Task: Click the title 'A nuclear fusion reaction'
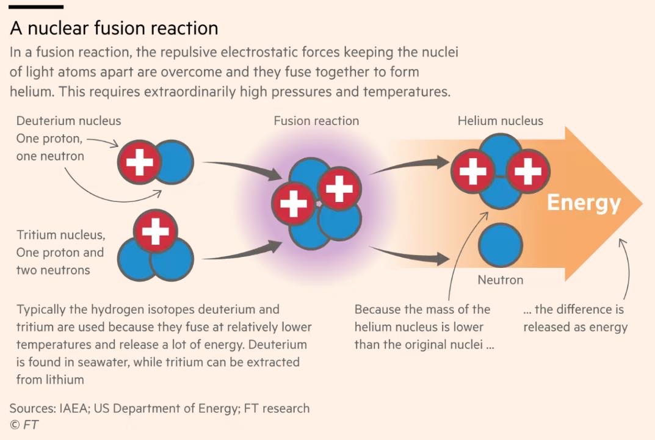tap(114, 29)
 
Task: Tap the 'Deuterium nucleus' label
tap(68, 121)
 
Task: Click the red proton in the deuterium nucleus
tap(139, 162)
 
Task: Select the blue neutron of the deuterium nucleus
tap(176, 162)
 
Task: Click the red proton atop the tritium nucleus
tap(156, 231)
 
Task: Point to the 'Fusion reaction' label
tap(316, 121)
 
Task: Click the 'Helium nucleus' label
tap(500, 121)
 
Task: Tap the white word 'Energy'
tap(583, 203)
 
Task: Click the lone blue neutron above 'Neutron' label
tap(500, 245)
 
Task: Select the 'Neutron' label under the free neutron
tap(500, 280)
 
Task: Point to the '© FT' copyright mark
tap(24, 425)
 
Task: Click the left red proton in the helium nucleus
tap(472, 171)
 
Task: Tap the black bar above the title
tap(37, 7)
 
